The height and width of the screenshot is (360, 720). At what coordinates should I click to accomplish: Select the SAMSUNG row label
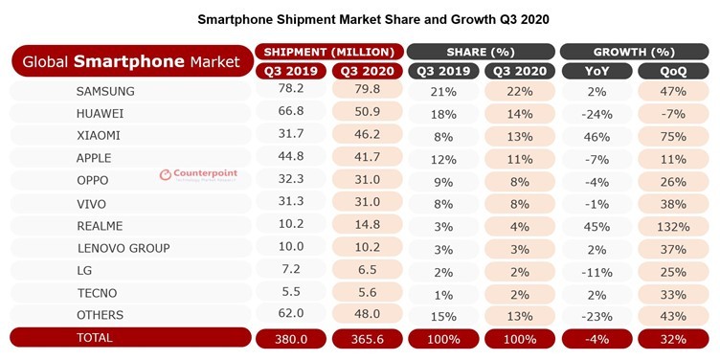pyautogui.click(x=105, y=91)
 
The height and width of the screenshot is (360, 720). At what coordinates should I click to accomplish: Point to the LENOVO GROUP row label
pyautogui.click(x=123, y=248)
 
